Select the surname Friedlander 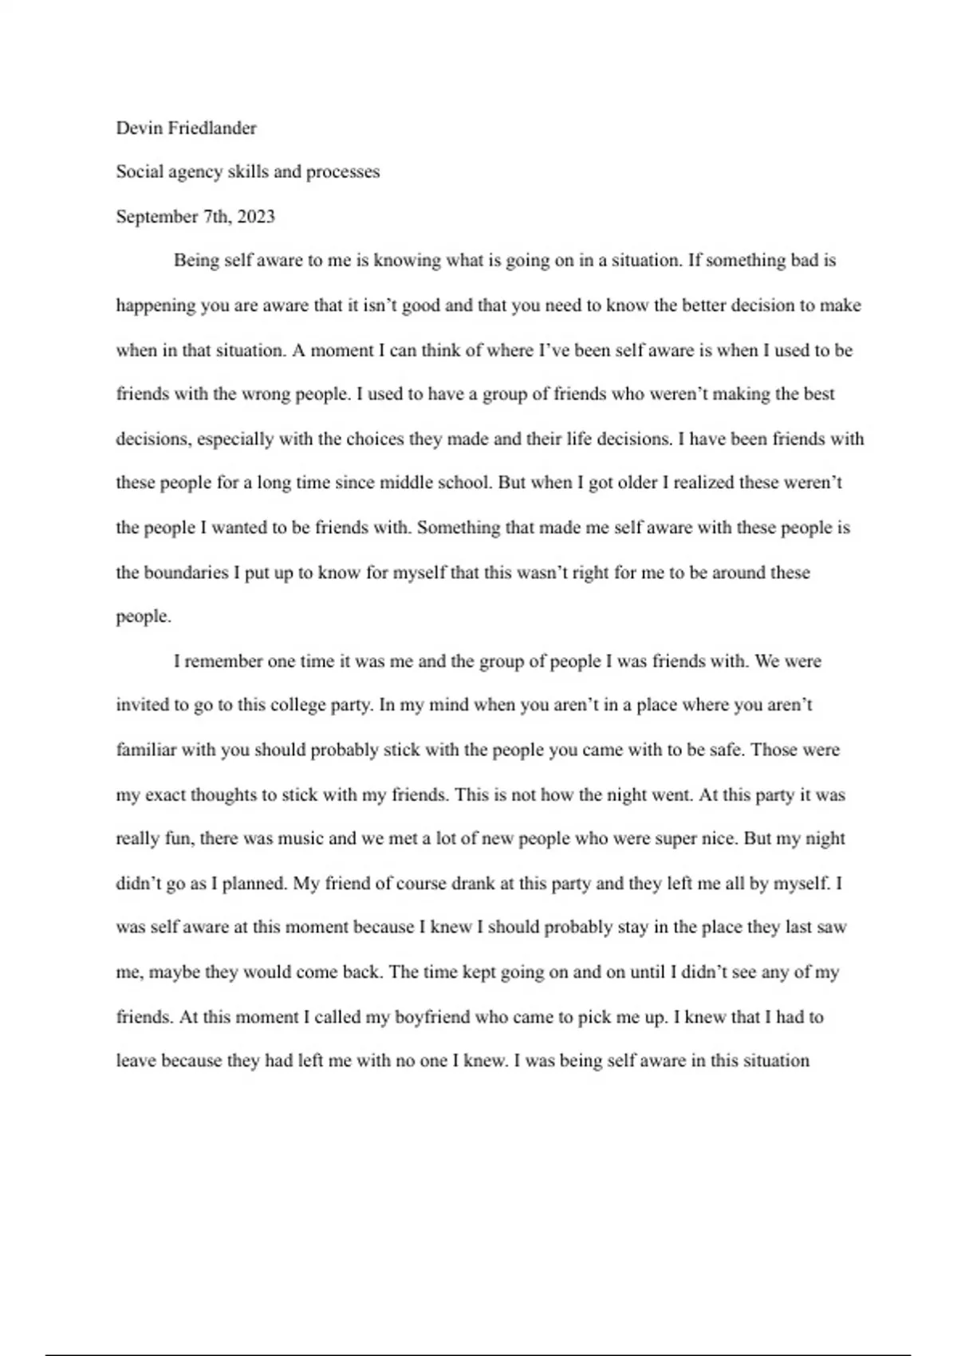211,128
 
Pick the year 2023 256,217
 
